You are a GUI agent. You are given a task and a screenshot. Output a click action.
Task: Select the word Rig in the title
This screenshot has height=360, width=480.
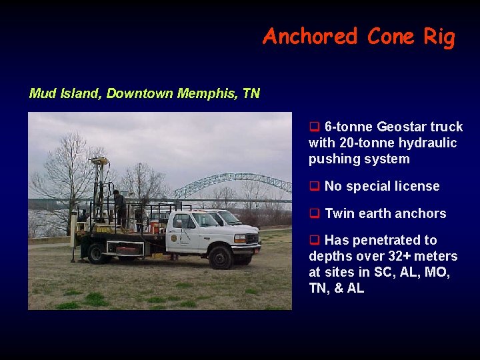(x=439, y=37)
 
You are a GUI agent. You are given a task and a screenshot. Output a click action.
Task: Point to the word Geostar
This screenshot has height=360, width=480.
(x=404, y=127)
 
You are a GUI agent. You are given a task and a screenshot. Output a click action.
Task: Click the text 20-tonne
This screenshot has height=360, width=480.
(x=365, y=143)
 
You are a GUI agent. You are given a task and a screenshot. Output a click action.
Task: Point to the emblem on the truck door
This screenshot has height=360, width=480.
(x=174, y=237)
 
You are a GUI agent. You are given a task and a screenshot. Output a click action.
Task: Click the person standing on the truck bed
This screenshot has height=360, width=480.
(x=119, y=207)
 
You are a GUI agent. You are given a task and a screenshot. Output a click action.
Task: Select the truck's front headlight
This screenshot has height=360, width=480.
(x=239, y=238)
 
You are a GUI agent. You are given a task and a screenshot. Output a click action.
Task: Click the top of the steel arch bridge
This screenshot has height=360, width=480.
(x=230, y=177)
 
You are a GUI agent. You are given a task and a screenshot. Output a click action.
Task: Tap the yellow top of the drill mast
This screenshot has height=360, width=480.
(x=100, y=161)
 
